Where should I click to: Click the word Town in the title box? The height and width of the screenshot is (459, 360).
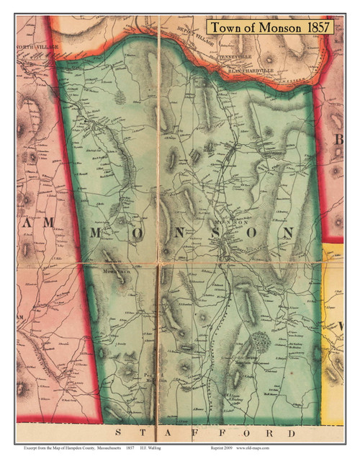click(x=229, y=27)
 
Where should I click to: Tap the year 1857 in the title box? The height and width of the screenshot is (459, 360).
click(x=316, y=27)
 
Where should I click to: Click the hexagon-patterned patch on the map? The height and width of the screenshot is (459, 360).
click(x=260, y=342)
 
